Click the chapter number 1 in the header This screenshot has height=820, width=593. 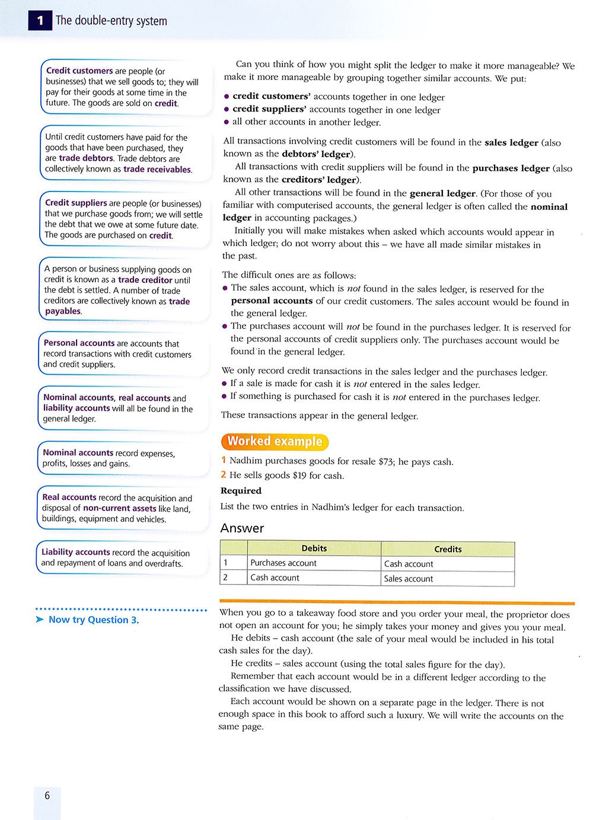click(40, 21)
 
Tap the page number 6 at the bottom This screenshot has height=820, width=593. click(47, 795)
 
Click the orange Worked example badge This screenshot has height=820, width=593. click(275, 441)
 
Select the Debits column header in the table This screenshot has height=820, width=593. click(314, 548)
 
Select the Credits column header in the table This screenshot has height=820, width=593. click(448, 549)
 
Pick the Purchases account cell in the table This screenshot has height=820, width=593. click(283, 563)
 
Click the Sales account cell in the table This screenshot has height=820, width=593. click(409, 579)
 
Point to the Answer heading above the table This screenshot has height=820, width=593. click(242, 528)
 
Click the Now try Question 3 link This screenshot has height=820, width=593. click(93, 620)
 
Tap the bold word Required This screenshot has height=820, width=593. click(241, 491)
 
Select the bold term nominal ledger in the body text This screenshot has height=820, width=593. click(395, 212)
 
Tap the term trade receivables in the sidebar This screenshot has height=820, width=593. click(157, 170)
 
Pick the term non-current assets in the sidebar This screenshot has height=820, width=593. click(120, 508)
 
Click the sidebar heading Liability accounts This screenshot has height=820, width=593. click(76, 552)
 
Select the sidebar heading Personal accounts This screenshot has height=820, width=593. click(79, 343)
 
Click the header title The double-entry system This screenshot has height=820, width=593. click(111, 21)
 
